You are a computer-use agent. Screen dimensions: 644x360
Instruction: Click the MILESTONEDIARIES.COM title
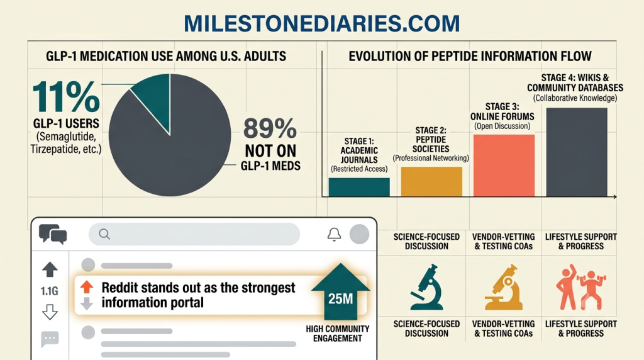tap(321, 23)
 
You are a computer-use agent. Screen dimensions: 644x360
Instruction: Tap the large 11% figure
tap(65, 97)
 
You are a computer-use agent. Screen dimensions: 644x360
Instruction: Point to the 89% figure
tap(270, 128)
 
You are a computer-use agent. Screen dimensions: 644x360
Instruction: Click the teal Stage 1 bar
tap(359, 187)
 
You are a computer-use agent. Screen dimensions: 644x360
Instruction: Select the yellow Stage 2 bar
tap(431, 182)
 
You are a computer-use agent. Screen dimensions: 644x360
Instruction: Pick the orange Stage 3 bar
tap(504, 166)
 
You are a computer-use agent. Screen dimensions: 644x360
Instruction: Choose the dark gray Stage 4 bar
tap(577, 152)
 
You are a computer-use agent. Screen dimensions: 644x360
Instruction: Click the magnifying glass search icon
tap(104, 234)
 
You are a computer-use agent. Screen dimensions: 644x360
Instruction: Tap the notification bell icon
tap(334, 234)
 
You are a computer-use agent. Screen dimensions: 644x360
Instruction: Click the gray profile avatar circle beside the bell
tap(359, 234)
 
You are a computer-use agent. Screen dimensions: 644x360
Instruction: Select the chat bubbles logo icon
tap(53, 234)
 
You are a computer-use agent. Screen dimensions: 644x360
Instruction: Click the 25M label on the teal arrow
tap(340, 299)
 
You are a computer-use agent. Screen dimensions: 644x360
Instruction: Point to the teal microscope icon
tap(427, 287)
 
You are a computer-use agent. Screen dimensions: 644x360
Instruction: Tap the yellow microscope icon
tap(504, 287)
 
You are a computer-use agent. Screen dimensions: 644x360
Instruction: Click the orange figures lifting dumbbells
tap(580, 287)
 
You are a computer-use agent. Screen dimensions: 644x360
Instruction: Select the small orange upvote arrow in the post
tap(87, 287)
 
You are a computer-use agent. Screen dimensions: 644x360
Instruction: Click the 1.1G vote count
tap(49, 291)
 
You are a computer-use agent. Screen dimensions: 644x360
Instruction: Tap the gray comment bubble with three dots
tap(50, 339)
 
